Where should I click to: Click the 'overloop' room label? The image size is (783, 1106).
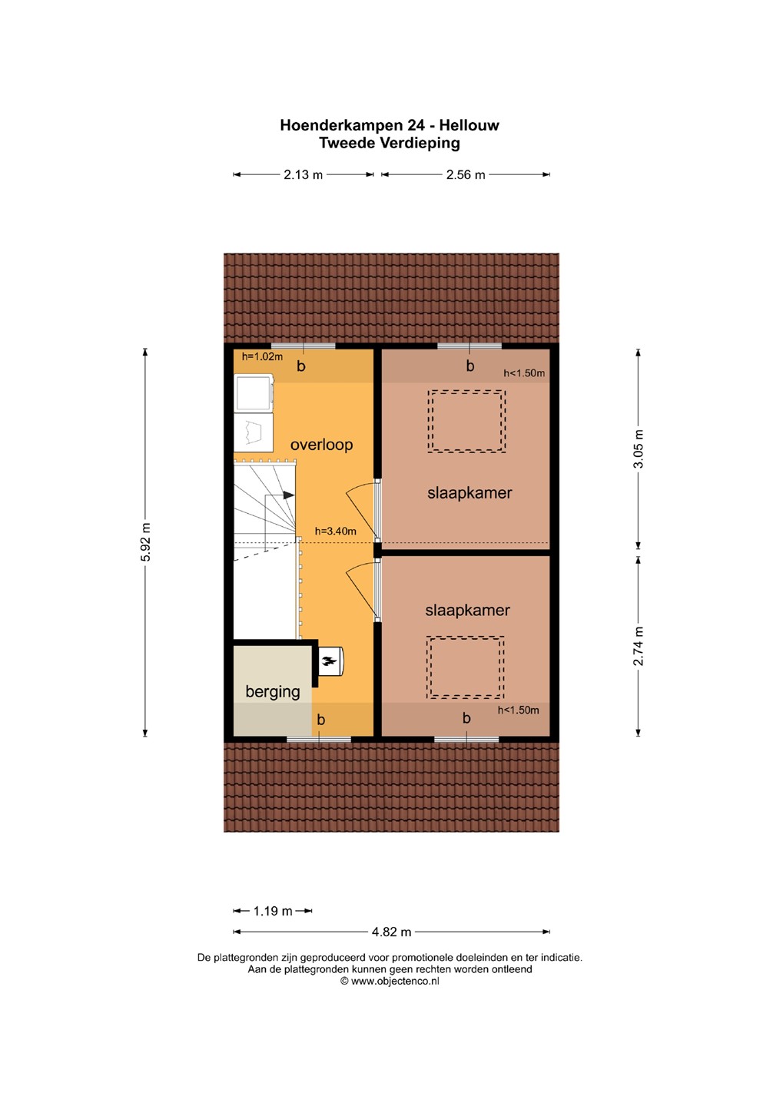click(x=321, y=445)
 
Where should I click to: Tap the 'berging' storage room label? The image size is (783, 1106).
click(x=273, y=692)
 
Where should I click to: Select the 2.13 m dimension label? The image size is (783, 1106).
click(x=303, y=174)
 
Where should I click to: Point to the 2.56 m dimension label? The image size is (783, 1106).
click(x=466, y=174)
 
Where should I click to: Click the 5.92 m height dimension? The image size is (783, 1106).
click(x=145, y=541)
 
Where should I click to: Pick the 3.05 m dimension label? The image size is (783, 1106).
click(x=639, y=449)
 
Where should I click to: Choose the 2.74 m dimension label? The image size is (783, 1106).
click(x=639, y=646)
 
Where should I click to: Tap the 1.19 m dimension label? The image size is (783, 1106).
click(x=273, y=911)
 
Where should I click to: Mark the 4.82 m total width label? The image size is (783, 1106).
click(x=391, y=932)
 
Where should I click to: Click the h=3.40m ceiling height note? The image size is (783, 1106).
click(x=336, y=531)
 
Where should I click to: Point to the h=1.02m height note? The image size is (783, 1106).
click(x=262, y=356)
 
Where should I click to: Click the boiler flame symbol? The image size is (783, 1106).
click(x=329, y=661)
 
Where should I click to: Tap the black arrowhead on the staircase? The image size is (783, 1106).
click(x=289, y=495)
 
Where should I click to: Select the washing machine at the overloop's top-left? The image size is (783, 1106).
click(x=254, y=392)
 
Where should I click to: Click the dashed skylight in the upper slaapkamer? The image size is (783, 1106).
click(x=466, y=421)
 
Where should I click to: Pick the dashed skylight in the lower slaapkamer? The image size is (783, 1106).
click(x=466, y=667)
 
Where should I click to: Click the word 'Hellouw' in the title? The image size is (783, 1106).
click(x=469, y=125)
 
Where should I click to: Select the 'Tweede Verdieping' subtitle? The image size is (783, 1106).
click(x=390, y=143)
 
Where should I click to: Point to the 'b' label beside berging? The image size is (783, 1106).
click(x=320, y=720)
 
